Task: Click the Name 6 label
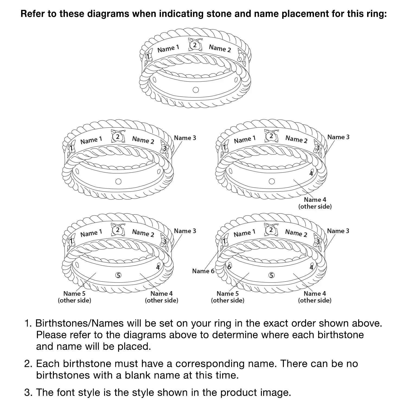pyautogui.click(x=203, y=271)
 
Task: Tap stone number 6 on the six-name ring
pyautogui.click(x=229, y=266)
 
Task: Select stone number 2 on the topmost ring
pyautogui.click(x=195, y=45)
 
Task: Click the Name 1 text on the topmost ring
pyautogui.click(x=168, y=49)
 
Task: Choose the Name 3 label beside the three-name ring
pyautogui.click(x=185, y=138)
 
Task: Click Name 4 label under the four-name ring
pyautogui.click(x=315, y=200)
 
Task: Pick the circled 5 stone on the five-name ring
pyautogui.click(x=118, y=275)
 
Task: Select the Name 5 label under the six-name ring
pyautogui.click(x=228, y=294)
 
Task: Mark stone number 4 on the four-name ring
pyautogui.click(x=311, y=173)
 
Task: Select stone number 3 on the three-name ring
pyautogui.click(x=164, y=148)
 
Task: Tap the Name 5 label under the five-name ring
pyautogui.click(x=74, y=294)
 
